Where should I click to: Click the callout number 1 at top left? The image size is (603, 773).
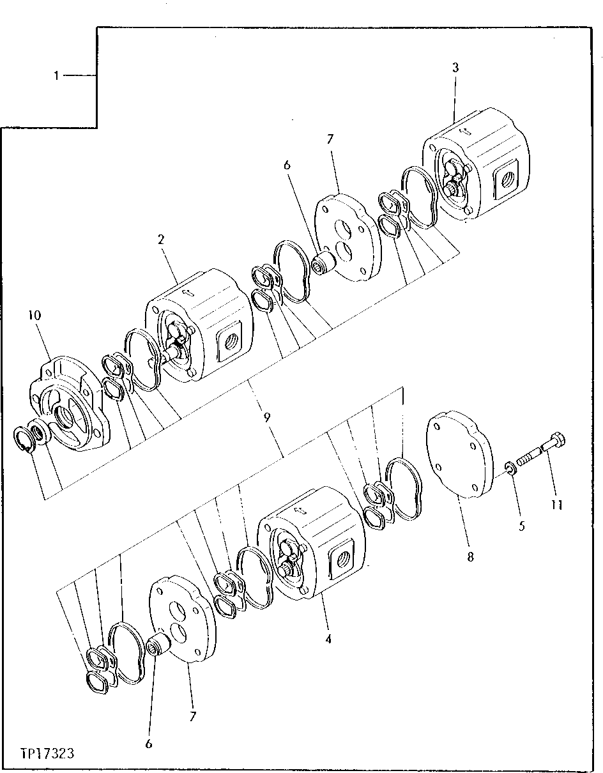56,76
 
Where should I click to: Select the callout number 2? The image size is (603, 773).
161,240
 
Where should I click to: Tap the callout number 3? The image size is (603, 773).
455,68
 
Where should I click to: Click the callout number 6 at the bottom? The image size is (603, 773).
149,744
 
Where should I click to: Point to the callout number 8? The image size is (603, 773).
470,556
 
